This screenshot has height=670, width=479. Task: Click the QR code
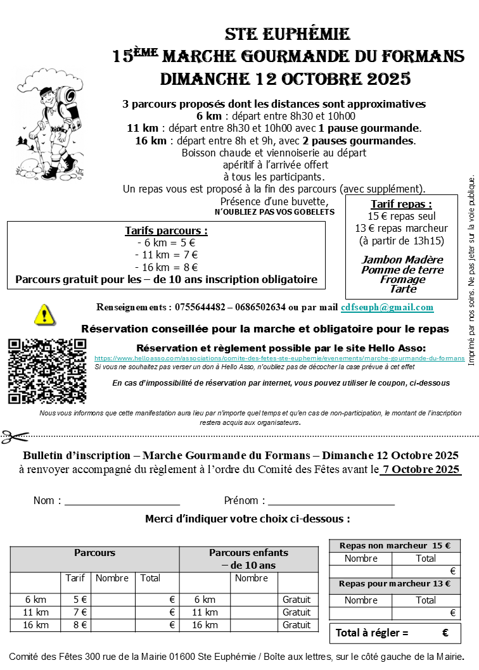pyautogui.click(x=47, y=371)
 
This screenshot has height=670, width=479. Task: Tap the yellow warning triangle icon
pyautogui.click(x=44, y=314)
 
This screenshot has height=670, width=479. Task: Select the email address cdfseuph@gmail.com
pyautogui.click(x=387, y=307)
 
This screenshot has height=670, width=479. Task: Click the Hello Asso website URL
pyautogui.click(x=279, y=358)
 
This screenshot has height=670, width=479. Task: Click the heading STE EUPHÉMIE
pyautogui.click(x=287, y=34)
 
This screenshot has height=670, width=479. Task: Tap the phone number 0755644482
pyautogui.click(x=201, y=307)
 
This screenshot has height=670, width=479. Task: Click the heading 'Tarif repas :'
pyautogui.click(x=401, y=204)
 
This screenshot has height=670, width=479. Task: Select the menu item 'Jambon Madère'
pyautogui.click(x=402, y=260)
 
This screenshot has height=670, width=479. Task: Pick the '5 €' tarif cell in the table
pyautogui.click(x=80, y=600)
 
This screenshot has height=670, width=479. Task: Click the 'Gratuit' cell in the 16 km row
pyautogui.click(x=297, y=625)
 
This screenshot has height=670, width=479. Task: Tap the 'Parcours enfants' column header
pyautogui.click(x=248, y=553)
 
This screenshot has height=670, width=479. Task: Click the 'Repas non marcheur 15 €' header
pyautogui.click(x=394, y=545)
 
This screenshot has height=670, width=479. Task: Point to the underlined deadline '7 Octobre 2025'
pyautogui.click(x=421, y=469)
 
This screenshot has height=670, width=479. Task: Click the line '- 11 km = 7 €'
pyautogui.click(x=166, y=255)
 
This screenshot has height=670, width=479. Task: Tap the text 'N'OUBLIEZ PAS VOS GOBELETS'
pyautogui.click(x=274, y=212)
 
